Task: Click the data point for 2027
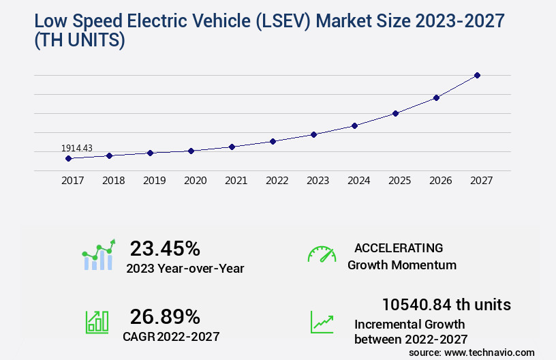pos(477,75)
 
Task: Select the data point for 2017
pos(68,158)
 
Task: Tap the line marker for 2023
pos(313,134)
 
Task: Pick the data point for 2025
pos(395,113)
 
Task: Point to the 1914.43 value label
pos(76,148)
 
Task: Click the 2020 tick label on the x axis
pos(196,181)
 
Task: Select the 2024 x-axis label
pos(359,181)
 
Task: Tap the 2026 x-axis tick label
pos(441,181)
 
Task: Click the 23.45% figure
pos(165,248)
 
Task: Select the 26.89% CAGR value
pos(165,316)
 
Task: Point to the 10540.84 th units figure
pos(446,304)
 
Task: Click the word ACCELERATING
pos(399,248)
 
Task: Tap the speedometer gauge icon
pos(322,254)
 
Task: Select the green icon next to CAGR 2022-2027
pos(97,322)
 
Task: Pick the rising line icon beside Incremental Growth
pos(322,322)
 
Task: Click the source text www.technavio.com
pos(490,352)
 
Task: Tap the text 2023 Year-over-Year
pos(185,269)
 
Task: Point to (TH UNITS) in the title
pos(79,41)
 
